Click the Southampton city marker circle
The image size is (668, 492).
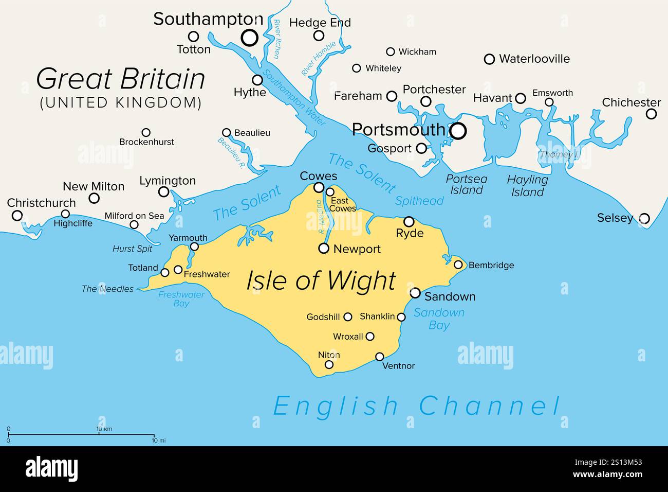click(x=250, y=38)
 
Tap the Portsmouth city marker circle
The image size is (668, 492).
click(x=458, y=131)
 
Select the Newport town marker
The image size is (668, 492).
click(x=324, y=249)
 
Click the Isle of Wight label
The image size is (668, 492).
click(x=321, y=281)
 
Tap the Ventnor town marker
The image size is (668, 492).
click(x=380, y=357)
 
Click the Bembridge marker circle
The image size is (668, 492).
click(x=458, y=265)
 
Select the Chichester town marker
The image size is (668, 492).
click(x=651, y=114)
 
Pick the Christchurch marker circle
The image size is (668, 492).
click(x=17, y=215)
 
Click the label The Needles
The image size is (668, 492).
click(x=107, y=289)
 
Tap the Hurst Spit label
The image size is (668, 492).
click(x=132, y=249)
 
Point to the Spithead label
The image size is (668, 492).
click(x=419, y=201)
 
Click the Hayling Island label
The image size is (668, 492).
click(x=527, y=186)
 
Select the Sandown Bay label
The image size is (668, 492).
click(x=439, y=319)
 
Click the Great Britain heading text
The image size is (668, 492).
click(x=121, y=79)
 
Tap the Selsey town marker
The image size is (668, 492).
click(x=644, y=218)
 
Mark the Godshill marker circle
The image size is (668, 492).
click(x=348, y=317)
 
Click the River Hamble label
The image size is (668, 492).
click(x=319, y=59)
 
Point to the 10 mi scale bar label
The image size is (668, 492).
click(x=158, y=441)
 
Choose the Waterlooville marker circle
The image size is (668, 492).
click(x=490, y=59)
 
